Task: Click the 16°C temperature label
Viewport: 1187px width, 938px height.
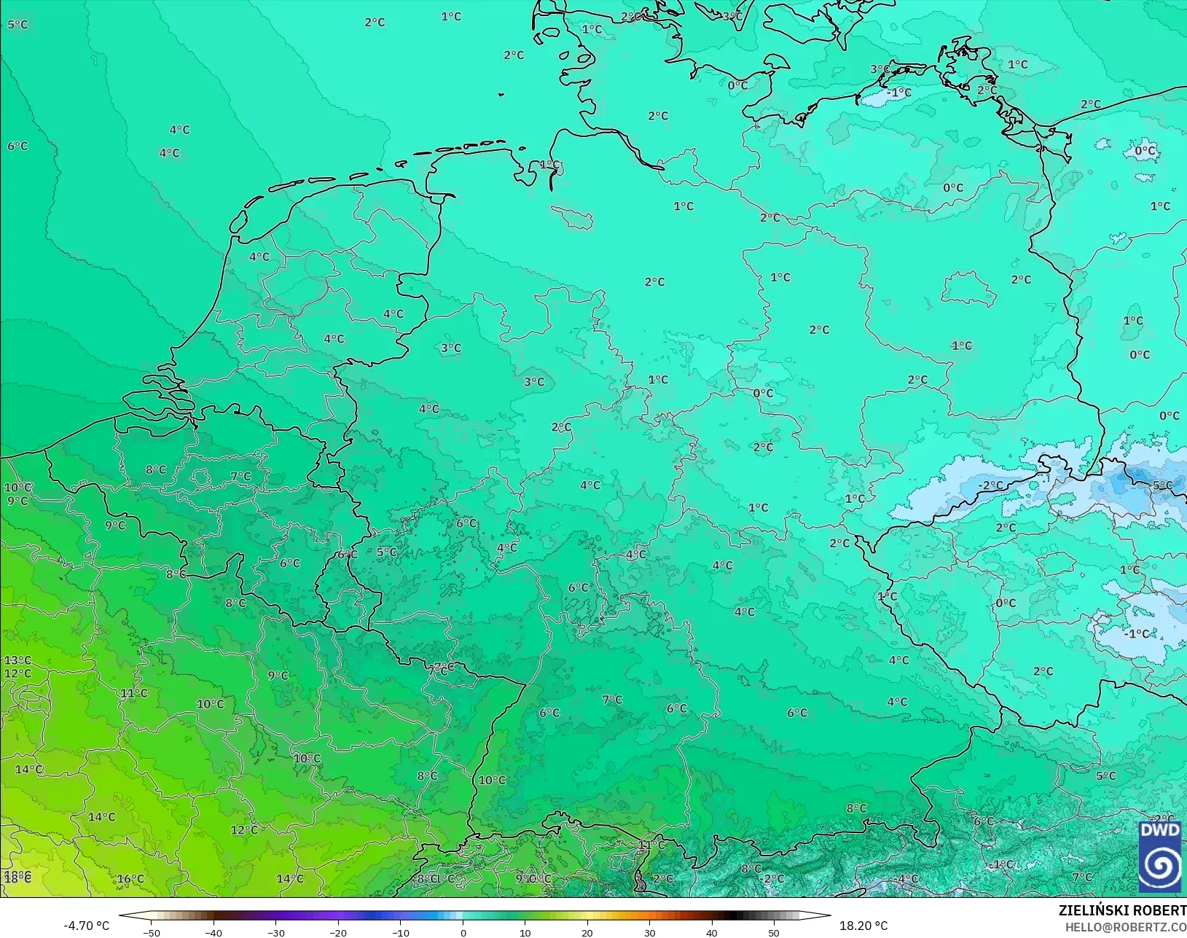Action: (x=130, y=879)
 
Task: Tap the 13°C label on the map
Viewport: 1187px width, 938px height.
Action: (x=17, y=660)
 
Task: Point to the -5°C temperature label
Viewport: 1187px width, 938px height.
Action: (x=1162, y=485)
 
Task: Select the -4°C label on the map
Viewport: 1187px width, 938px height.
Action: (x=907, y=879)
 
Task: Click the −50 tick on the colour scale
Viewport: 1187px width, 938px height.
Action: (x=152, y=932)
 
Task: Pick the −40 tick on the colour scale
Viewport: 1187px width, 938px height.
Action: (x=213, y=932)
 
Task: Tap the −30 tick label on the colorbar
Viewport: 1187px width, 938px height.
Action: (x=276, y=932)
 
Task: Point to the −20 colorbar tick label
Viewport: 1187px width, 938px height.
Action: (x=338, y=932)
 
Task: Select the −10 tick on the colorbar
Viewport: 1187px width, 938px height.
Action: (x=401, y=932)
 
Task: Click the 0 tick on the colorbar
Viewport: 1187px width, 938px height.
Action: (x=463, y=932)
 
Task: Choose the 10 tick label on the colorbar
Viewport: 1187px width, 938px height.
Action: (x=525, y=932)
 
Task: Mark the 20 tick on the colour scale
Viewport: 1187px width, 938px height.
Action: (x=587, y=932)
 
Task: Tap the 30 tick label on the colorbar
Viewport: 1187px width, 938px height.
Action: (x=649, y=932)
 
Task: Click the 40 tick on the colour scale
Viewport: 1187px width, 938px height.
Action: (x=712, y=932)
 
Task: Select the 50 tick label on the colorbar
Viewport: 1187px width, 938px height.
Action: (x=774, y=932)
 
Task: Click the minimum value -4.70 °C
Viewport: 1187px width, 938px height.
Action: (x=86, y=926)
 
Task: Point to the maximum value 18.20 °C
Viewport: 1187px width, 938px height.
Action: (x=863, y=926)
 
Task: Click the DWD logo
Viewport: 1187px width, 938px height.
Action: (x=1159, y=857)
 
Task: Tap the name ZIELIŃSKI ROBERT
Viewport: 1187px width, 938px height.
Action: (x=1122, y=911)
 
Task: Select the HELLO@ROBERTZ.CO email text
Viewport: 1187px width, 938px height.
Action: (x=1126, y=927)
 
